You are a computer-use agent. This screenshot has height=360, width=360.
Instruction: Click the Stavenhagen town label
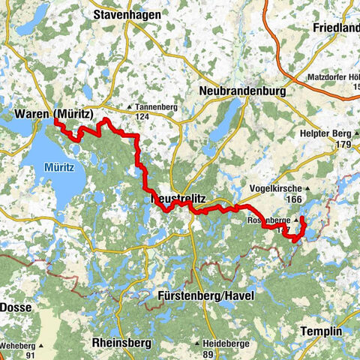[125, 13]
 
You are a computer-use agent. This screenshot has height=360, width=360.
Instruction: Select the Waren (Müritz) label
[53, 115]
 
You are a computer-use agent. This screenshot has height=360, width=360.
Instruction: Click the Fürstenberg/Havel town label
[206, 296]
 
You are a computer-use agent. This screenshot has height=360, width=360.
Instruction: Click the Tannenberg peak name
[156, 107]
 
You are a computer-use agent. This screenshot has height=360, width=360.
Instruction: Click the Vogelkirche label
[277, 189]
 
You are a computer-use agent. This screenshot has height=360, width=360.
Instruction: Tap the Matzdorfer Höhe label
[334, 77]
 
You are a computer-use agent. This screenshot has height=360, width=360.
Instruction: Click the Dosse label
[14, 307]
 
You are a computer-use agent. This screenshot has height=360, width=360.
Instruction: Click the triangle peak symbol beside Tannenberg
[130, 107]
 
